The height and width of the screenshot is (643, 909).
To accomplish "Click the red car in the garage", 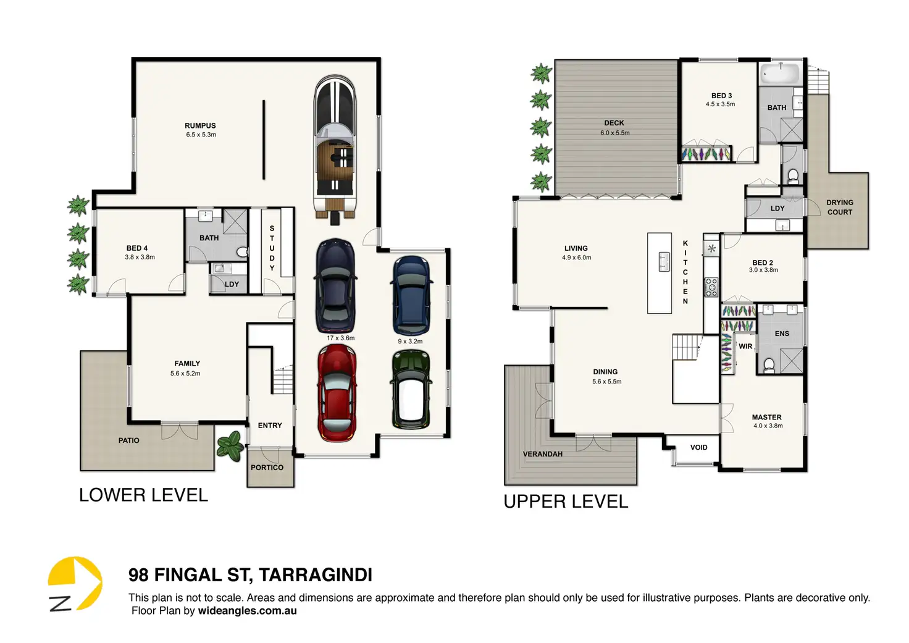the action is pos(337,393).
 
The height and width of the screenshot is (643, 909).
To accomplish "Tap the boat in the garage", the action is pos(335,149).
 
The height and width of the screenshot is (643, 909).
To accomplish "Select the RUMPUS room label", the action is pos(200,126).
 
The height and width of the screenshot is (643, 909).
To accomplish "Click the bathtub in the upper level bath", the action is pos(779,74).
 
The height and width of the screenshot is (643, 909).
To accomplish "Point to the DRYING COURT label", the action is pos(840,207).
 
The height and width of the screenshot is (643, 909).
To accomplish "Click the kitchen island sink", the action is pos(664,261).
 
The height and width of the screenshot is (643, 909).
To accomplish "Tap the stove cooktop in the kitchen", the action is pos(711,287).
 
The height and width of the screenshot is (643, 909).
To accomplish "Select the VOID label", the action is pos(699,447).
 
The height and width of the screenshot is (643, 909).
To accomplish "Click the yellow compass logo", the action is pos(75,583).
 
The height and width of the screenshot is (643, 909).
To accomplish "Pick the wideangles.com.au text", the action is pos(247,611).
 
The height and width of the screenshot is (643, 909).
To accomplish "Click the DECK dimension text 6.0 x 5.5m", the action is pos(615,133).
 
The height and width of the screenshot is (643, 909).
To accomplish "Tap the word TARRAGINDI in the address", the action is pos(316,575).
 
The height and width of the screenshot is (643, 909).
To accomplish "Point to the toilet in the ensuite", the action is pos(769,365).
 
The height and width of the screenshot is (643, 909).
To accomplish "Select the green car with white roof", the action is pos(411,390).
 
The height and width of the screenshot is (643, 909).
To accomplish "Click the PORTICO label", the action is pos(267,468).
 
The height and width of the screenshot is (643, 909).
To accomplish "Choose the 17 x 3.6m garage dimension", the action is pos(340,338).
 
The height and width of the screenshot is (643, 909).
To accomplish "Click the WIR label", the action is pos(745,347).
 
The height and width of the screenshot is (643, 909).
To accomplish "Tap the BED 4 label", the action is pos(137,248).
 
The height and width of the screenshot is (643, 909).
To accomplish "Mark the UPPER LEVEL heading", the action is pos(566,502).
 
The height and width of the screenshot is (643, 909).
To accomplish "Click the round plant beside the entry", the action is pos(230,446).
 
